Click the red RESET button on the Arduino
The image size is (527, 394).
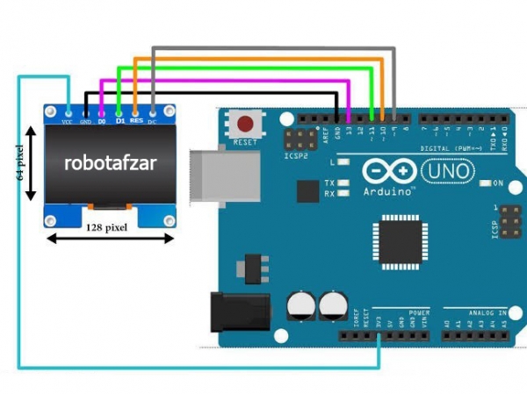point(248,124)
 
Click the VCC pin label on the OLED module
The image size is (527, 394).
point(67,122)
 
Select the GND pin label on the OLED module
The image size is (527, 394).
point(86,122)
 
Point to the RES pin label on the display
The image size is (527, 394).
point(136,121)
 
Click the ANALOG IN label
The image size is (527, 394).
point(487,312)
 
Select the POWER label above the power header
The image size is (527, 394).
point(419,312)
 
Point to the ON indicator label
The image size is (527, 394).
point(497,183)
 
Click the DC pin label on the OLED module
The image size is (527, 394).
point(153,121)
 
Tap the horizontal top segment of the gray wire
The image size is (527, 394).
point(273,49)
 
